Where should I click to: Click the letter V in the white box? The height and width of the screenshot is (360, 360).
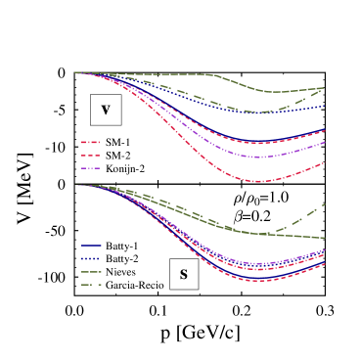pos(106,110)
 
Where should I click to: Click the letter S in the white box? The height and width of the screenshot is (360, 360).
pos(183,274)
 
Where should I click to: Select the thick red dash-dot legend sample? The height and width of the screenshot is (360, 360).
pos(91,142)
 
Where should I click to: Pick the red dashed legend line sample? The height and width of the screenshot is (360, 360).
pos(91,155)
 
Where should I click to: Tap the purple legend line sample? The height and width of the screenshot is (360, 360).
pos(91,168)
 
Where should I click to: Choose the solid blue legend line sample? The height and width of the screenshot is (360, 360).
pos(91,246)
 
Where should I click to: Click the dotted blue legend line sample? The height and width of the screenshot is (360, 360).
pos(91,258)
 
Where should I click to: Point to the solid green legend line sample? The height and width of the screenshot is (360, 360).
pos(91,271)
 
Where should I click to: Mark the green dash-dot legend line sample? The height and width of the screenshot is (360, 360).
pos(91,285)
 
